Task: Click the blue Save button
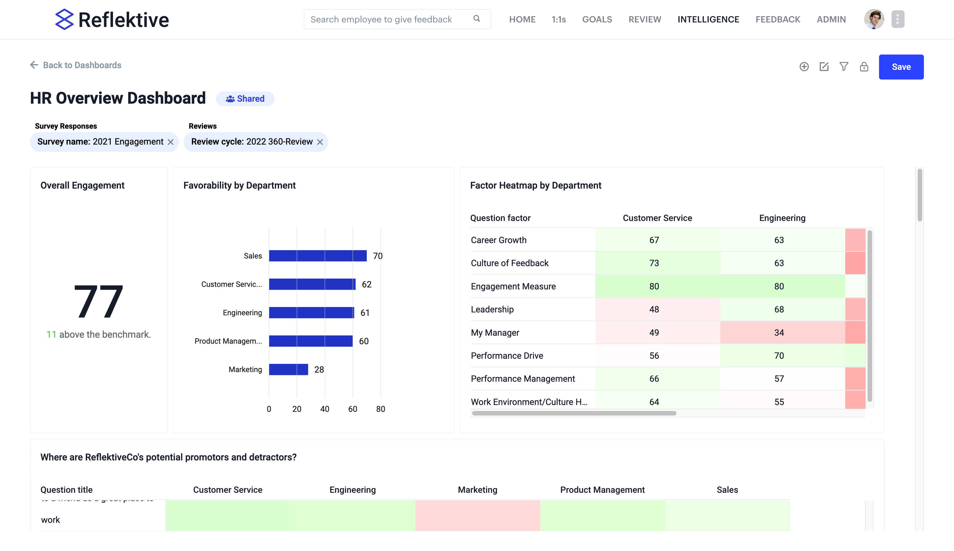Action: [901, 67]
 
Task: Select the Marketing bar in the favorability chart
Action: [288, 369]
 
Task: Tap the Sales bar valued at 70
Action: [317, 256]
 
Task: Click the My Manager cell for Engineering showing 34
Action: [779, 333]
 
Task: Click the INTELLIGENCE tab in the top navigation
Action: [708, 19]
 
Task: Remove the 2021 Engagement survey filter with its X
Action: [171, 142]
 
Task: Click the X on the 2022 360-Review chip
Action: [320, 142]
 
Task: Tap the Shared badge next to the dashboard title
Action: [245, 99]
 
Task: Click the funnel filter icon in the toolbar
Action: [844, 67]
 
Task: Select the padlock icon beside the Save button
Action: [864, 67]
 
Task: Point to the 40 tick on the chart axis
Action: [325, 409]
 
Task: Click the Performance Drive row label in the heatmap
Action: [507, 356]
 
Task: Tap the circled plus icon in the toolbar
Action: [804, 67]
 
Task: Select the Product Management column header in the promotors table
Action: [602, 490]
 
